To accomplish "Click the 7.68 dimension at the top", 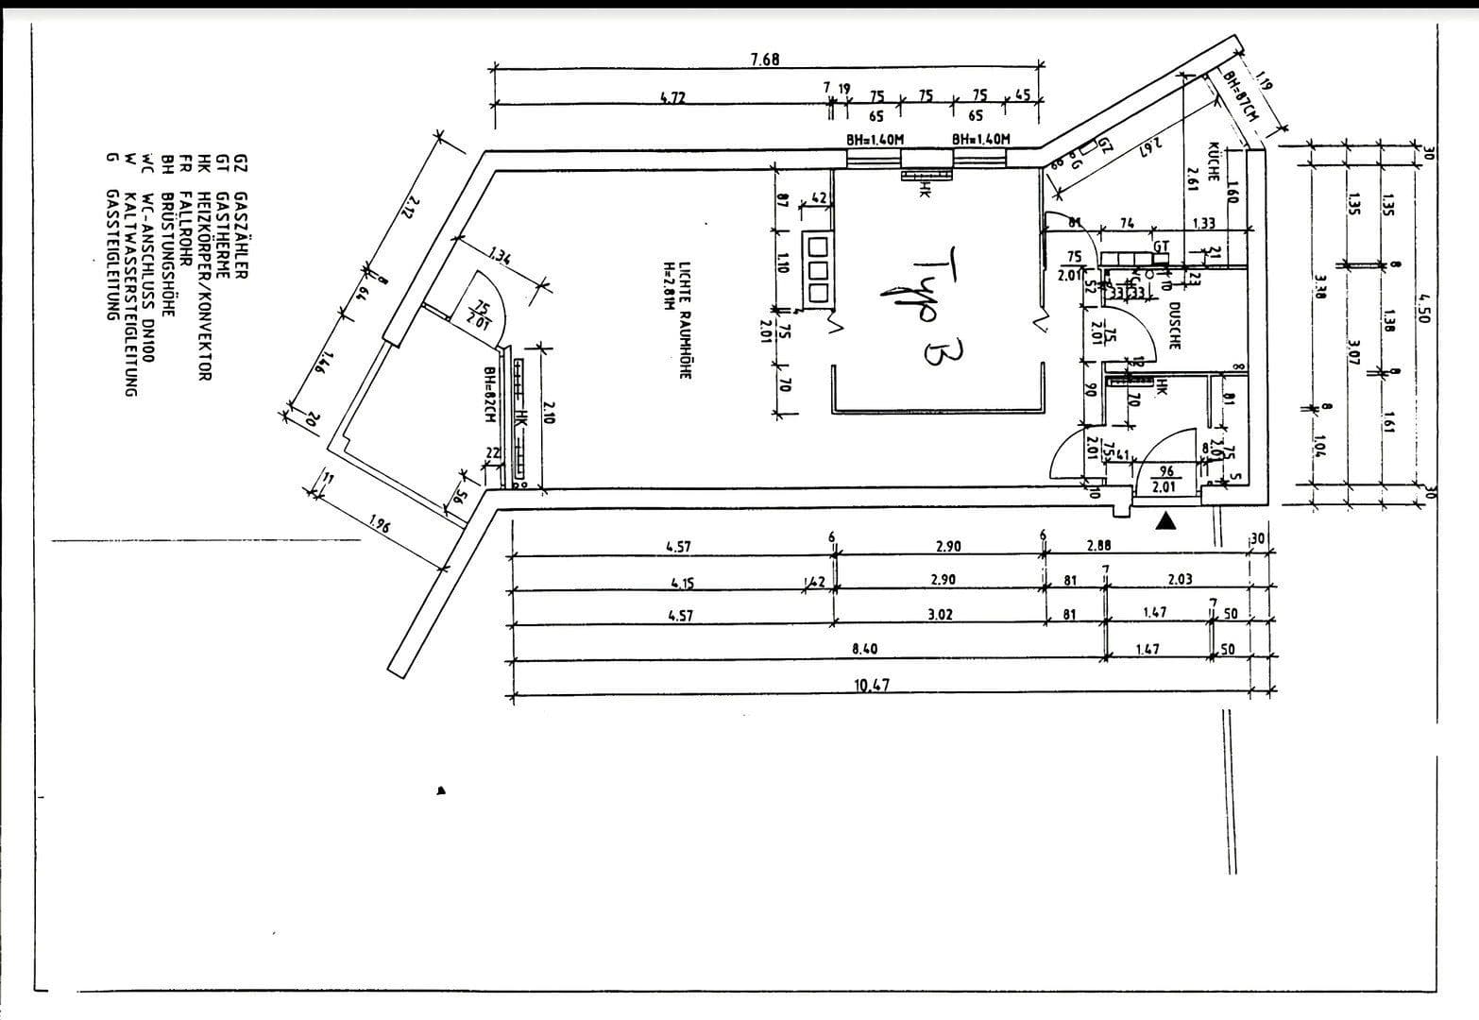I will click(x=765, y=59).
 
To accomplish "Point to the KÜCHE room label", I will click(x=1215, y=162).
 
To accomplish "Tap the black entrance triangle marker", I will click(x=1168, y=519).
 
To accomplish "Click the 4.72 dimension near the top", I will click(x=671, y=96).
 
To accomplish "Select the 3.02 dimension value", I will click(x=940, y=614).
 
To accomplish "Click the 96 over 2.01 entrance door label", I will click(x=1165, y=479).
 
